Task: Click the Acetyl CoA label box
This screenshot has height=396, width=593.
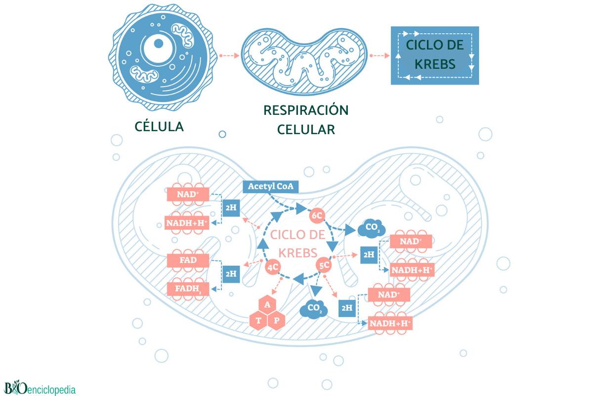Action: [x=271, y=187]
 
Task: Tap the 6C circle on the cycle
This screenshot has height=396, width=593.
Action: [x=317, y=215]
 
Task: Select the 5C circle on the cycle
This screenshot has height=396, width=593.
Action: [x=324, y=265]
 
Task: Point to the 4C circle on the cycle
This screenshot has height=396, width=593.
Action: [x=273, y=267]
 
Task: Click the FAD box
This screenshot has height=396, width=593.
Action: [x=188, y=260]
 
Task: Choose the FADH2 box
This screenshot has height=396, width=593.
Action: [x=188, y=289]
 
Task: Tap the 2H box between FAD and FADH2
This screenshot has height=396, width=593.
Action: [x=231, y=274]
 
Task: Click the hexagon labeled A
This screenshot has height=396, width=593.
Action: [x=267, y=304]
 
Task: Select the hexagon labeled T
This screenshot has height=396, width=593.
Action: [x=258, y=320]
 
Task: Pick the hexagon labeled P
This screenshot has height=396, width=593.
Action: [x=276, y=320]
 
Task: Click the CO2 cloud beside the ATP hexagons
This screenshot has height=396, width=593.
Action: [x=314, y=309]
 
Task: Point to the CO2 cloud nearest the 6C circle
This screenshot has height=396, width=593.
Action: [x=372, y=228]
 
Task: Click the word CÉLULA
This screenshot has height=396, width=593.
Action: [x=159, y=126]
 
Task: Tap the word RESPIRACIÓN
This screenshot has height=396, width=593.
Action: [x=306, y=110]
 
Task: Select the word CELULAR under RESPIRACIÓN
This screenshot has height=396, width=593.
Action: [x=306, y=130]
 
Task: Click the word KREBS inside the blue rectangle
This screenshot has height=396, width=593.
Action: [x=435, y=64]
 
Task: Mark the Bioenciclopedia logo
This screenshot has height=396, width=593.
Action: [x=40, y=388]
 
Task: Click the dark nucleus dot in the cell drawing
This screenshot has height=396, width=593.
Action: [x=159, y=44]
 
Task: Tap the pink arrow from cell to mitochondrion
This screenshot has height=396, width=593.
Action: [x=229, y=56]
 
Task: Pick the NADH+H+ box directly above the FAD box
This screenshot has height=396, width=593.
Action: [x=187, y=223]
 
